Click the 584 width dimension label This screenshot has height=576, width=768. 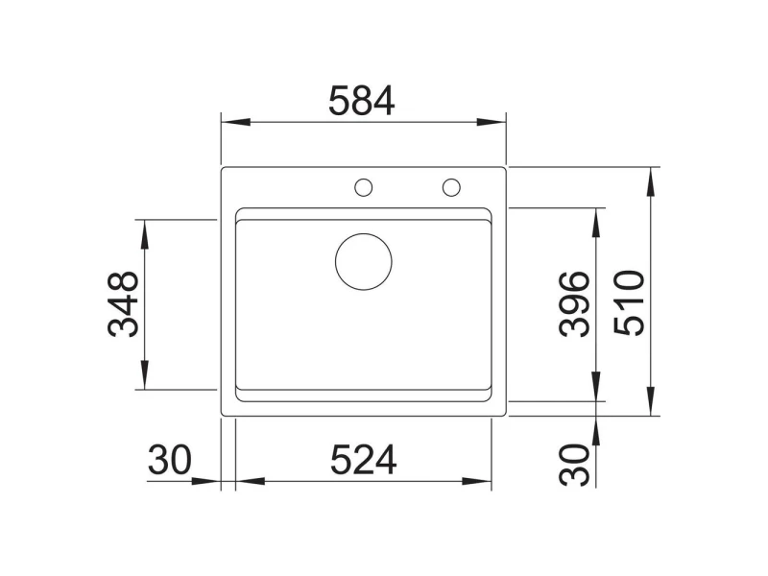[362, 101]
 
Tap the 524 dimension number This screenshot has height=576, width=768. [364, 460]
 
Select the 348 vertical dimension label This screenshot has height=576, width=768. [123, 304]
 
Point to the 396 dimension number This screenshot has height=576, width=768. [574, 304]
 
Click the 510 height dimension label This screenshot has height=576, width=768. [630, 303]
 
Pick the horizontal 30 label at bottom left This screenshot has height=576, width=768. [170, 460]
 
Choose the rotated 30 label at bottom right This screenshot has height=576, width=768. [574, 465]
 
